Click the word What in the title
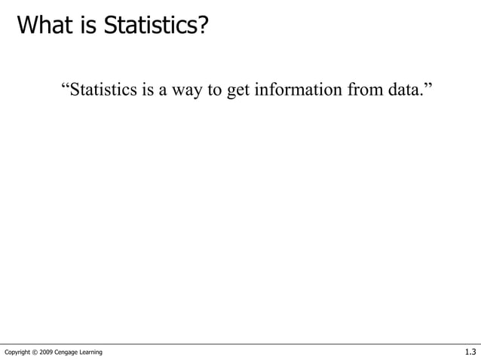(x=46, y=26)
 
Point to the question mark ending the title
(x=200, y=26)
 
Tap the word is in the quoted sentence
(x=147, y=91)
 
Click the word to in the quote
(x=214, y=91)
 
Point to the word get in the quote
(x=237, y=93)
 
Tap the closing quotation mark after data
(x=429, y=88)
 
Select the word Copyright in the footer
(x=19, y=352)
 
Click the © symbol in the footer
(x=38, y=352)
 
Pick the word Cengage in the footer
(x=72, y=352)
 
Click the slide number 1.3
(x=470, y=352)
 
